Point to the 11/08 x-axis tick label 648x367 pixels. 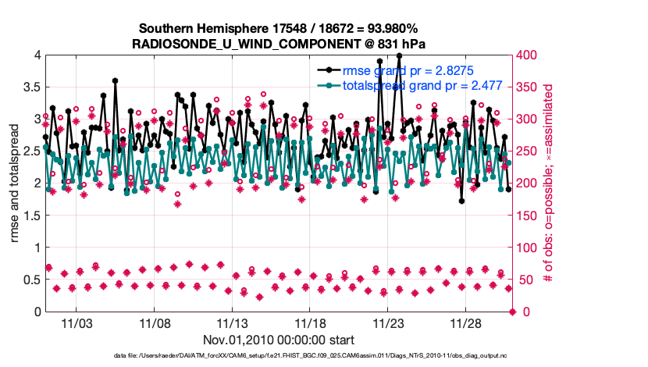coord(155,322)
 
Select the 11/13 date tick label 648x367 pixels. coord(232,322)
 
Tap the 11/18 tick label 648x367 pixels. coord(310,322)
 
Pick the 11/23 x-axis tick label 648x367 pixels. coord(388,322)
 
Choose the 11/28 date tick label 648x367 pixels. coord(466,322)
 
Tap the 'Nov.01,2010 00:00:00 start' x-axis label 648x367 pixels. coord(279,340)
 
